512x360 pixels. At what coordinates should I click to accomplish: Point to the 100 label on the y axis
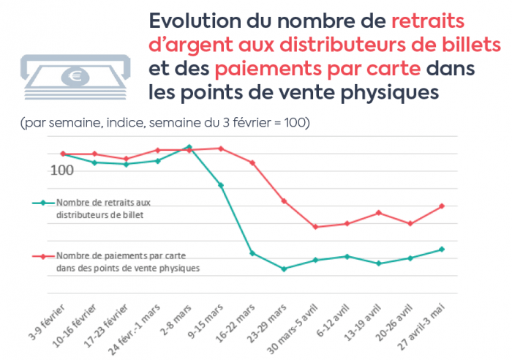pos(62,170)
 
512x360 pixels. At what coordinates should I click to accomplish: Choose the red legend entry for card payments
pos(117,262)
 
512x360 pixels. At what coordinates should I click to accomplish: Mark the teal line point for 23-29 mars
pos(284,269)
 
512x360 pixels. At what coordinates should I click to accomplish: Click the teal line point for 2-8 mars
pos(189,147)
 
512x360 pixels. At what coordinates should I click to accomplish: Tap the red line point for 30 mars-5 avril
pos(315,227)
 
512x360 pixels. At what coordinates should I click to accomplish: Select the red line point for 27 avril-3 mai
pos(442,206)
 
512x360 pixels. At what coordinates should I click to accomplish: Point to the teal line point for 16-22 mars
pos(252,253)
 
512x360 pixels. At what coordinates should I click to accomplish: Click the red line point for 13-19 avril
pos(378,213)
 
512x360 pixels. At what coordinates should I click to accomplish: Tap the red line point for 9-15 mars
pos(221,149)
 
